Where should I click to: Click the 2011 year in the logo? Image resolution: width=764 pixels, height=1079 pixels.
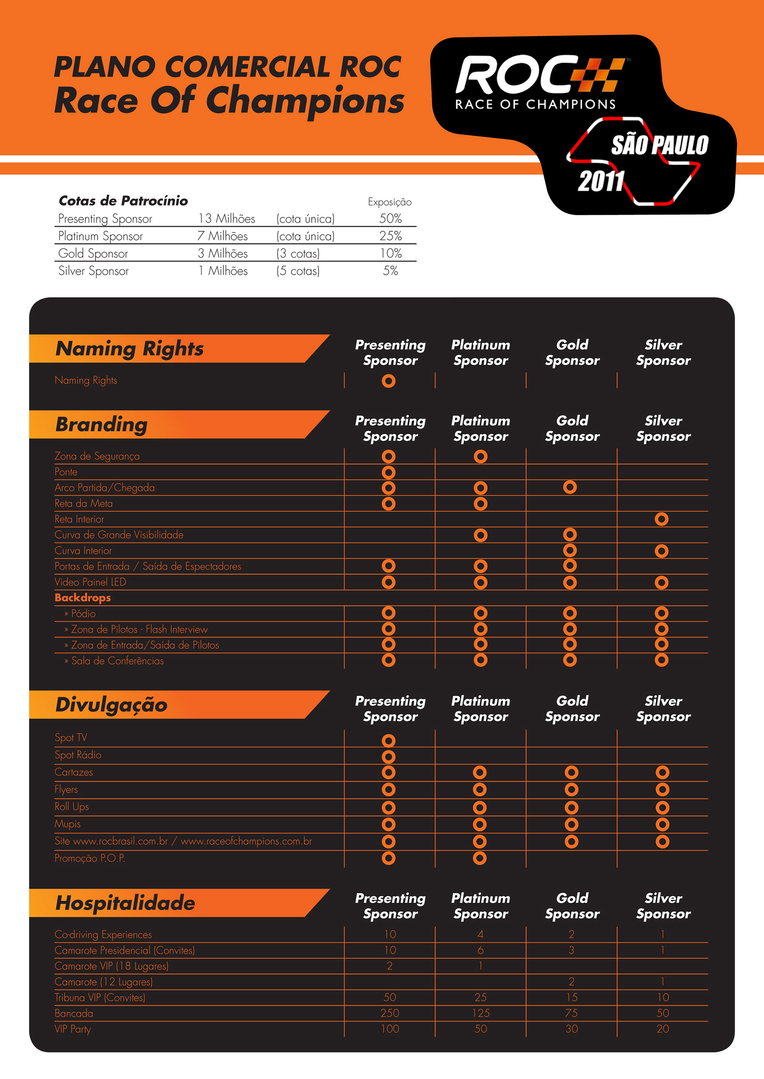click(x=601, y=181)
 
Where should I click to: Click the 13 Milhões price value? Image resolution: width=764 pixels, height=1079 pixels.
click(x=226, y=219)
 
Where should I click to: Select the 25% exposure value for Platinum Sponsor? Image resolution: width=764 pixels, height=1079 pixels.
click(x=390, y=236)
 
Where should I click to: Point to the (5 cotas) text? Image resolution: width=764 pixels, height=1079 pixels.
click(x=298, y=271)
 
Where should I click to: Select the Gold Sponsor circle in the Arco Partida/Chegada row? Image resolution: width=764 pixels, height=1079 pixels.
click(x=570, y=487)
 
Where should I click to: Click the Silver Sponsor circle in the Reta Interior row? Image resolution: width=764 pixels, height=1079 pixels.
click(x=661, y=519)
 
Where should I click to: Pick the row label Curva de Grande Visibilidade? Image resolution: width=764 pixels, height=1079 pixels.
click(x=119, y=535)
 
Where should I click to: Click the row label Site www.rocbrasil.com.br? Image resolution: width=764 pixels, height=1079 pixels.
click(x=183, y=841)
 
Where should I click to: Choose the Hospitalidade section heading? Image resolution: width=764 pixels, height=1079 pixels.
click(x=125, y=903)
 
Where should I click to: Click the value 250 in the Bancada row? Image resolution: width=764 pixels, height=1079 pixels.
click(x=390, y=1013)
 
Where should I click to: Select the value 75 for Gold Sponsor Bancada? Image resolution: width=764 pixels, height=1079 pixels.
click(x=571, y=1013)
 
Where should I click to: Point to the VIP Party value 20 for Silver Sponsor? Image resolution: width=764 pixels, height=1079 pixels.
click(x=663, y=1029)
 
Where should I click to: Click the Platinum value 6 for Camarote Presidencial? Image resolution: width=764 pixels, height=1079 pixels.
click(x=480, y=950)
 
